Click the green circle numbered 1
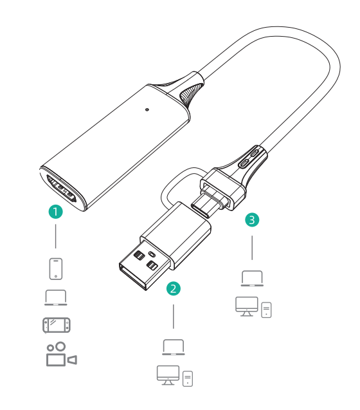56,212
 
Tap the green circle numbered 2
174,288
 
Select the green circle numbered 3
252,219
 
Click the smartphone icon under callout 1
56,269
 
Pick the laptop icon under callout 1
56,297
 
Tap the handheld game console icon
57,325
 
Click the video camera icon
62,354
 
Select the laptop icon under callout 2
174,347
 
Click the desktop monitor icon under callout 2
168,375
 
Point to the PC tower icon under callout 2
188,378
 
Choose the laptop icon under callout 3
252,278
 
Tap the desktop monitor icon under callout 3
247,306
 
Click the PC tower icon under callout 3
266,310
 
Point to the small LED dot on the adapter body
147,109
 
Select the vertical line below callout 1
56,236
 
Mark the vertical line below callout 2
174,317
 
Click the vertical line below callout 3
252,248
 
